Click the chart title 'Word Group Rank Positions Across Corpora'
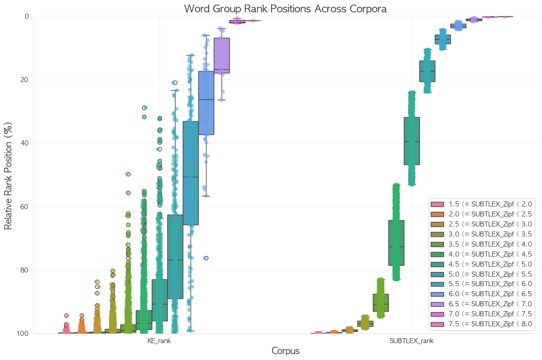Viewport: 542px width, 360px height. point(285,8)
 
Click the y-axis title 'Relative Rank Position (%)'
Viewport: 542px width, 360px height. point(8,175)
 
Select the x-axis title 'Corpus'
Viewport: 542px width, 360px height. point(285,351)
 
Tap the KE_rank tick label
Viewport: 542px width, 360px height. point(159,340)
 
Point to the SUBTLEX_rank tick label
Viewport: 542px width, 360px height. point(411,340)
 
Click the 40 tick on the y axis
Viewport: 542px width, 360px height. point(25,143)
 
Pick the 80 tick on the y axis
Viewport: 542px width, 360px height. point(25,270)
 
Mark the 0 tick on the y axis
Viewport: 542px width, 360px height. point(27,16)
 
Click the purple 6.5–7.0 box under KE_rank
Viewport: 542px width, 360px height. point(222,55)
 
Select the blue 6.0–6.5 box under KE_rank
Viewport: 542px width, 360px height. point(206,103)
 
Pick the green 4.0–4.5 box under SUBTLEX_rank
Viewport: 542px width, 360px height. point(396,242)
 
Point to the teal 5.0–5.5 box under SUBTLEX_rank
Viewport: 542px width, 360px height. point(427,71)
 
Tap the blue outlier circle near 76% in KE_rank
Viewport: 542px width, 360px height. point(206,258)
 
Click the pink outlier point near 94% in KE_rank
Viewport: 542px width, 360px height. point(66,315)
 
